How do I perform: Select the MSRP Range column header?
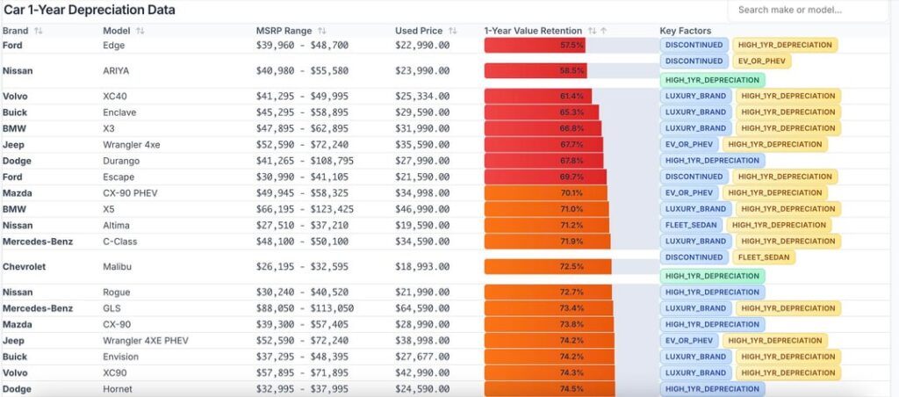(x=285, y=31)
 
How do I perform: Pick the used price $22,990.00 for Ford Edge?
(x=422, y=45)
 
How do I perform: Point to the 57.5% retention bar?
(x=535, y=45)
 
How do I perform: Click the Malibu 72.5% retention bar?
(x=547, y=266)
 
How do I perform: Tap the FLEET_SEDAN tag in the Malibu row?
(x=765, y=257)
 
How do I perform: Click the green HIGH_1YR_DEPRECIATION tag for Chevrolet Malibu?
(x=712, y=276)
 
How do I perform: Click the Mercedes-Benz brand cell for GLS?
(x=37, y=308)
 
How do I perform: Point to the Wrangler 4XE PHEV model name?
(x=146, y=341)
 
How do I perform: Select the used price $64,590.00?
(x=422, y=308)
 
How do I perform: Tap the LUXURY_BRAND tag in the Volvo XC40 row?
(x=695, y=96)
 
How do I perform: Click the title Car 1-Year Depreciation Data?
(x=90, y=11)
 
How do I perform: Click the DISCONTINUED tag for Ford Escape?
(x=694, y=177)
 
